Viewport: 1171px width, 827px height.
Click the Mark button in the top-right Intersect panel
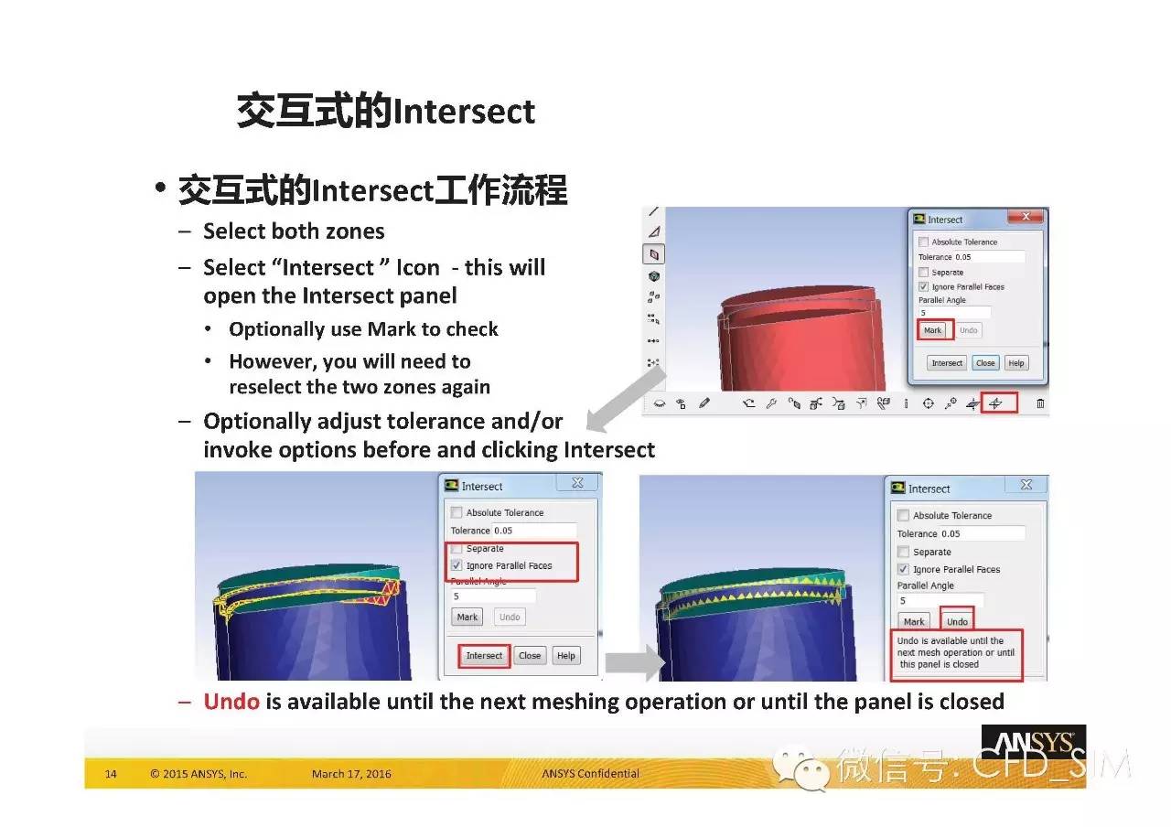[933, 330]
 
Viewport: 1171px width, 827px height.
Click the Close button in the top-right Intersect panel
[985, 363]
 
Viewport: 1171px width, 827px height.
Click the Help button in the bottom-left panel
[565, 656]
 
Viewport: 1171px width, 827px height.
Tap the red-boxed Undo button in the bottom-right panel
[957, 621]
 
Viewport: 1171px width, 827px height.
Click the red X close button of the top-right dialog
[1026, 217]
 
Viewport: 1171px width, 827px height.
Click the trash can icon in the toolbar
[1040, 403]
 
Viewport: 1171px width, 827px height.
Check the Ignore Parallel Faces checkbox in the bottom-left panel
[457, 565]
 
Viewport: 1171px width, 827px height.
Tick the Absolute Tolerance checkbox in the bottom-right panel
[903, 515]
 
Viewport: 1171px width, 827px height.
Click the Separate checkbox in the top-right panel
[924, 273]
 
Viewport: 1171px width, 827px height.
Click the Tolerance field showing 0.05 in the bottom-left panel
[534, 531]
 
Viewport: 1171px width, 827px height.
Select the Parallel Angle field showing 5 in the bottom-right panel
[940, 601]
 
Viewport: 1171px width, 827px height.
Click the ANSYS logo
[1034, 742]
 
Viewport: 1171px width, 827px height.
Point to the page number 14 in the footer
[111, 774]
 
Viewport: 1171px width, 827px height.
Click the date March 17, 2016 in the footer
[351, 774]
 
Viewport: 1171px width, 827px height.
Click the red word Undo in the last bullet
[231, 702]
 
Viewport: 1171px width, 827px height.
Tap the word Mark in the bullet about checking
[392, 329]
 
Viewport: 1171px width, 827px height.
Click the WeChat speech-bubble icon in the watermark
[800, 767]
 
